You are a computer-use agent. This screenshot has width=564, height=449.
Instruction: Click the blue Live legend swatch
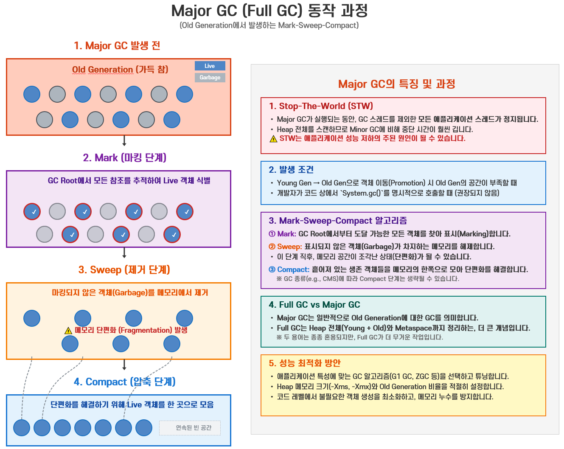click(x=210, y=66)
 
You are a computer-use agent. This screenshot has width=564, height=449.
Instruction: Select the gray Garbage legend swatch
click(x=210, y=78)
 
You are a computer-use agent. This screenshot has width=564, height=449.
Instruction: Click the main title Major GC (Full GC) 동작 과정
click(x=269, y=11)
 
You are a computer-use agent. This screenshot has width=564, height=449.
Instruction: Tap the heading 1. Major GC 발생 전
click(x=117, y=45)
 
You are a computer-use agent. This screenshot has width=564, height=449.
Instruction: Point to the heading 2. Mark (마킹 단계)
click(x=124, y=158)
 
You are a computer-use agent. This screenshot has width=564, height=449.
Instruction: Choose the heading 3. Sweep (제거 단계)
click(x=124, y=270)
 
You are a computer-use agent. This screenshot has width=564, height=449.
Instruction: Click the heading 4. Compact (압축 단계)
click(x=124, y=382)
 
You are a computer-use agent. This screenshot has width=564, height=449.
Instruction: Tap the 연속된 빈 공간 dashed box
click(x=190, y=428)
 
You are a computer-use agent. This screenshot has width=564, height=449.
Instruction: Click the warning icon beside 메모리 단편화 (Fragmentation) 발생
click(x=68, y=331)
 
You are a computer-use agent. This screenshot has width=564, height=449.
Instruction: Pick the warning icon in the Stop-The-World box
click(x=273, y=139)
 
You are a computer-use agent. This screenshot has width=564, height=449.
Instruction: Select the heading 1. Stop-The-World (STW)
click(x=321, y=106)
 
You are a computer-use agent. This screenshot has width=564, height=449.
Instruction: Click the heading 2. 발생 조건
click(x=291, y=170)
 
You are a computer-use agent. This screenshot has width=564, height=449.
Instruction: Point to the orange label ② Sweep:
click(x=285, y=247)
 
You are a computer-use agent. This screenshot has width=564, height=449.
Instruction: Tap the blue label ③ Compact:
click(x=289, y=269)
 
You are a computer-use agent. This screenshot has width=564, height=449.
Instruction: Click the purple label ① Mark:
click(x=282, y=234)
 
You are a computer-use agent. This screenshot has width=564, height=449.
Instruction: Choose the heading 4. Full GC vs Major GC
click(x=314, y=305)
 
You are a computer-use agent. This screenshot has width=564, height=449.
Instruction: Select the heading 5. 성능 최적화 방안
click(x=304, y=363)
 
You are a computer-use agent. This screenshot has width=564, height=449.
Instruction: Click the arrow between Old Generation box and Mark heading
click(x=124, y=141)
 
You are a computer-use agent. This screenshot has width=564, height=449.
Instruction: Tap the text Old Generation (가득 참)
click(x=120, y=70)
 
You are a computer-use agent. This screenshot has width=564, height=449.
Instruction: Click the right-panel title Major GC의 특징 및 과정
click(x=396, y=84)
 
